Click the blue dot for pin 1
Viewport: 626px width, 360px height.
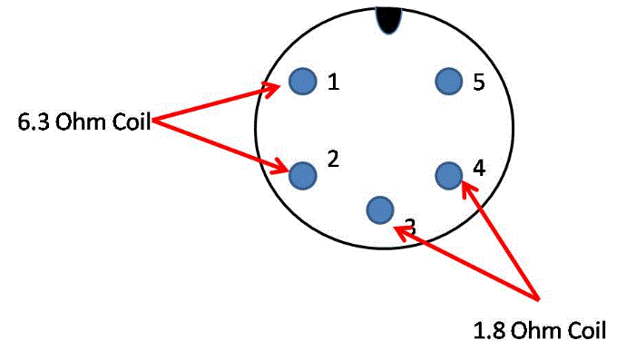click(x=303, y=81)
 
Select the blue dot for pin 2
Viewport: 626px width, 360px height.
click(x=303, y=176)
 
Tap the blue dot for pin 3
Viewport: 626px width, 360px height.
click(x=380, y=210)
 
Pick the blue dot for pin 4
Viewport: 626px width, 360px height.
click(x=449, y=176)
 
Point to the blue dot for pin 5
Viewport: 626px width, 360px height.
click(x=449, y=81)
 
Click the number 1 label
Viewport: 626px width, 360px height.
click(x=333, y=82)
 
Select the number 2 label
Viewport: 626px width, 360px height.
click(x=333, y=159)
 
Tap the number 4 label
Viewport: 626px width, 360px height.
click(x=479, y=168)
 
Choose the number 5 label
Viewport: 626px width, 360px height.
click(x=479, y=82)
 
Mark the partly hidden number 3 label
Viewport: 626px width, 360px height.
click(x=410, y=227)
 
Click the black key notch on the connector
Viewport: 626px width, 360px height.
click(x=388, y=20)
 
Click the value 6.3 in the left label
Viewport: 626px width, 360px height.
click(x=34, y=122)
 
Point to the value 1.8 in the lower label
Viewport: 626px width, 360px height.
click(x=489, y=330)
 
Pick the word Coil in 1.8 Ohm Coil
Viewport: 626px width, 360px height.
click(x=586, y=330)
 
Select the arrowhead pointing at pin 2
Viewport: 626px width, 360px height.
click(x=279, y=167)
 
